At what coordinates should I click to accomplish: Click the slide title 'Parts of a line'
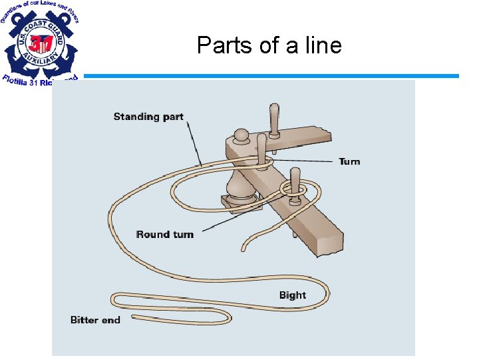(269, 45)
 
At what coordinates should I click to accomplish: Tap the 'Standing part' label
(148, 117)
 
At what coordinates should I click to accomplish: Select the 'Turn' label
(349, 161)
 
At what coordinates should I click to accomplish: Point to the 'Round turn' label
(165, 234)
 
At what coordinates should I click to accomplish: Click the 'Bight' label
(293, 295)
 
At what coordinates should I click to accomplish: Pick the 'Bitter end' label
(95, 320)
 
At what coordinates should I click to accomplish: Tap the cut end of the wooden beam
(330, 244)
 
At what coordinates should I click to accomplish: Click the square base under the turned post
(241, 201)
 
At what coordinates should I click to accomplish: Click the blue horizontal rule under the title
(266, 76)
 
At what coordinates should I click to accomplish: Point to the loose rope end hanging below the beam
(244, 247)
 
